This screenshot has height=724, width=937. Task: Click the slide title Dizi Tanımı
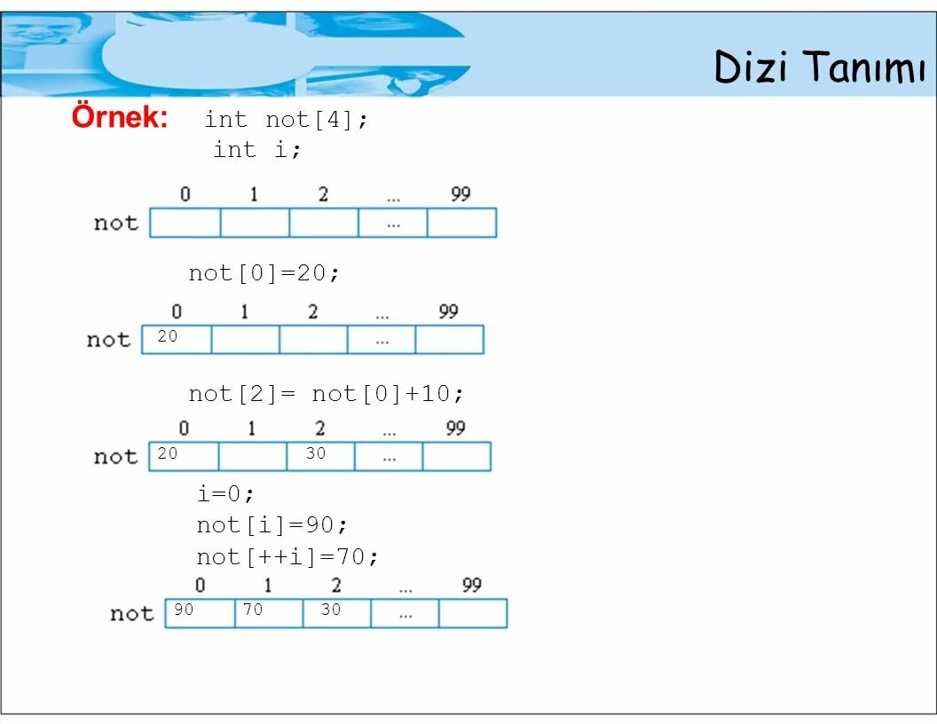pyautogui.click(x=819, y=67)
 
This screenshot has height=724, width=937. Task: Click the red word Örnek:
pyautogui.click(x=120, y=117)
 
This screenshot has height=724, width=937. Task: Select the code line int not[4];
pyautogui.click(x=286, y=120)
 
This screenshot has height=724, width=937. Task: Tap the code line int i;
pyautogui.click(x=257, y=150)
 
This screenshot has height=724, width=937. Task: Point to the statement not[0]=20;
pyautogui.click(x=264, y=273)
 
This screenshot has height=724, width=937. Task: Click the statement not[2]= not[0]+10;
pyautogui.click(x=326, y=393)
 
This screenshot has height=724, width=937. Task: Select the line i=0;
pyautogui.click(x=225, y=493)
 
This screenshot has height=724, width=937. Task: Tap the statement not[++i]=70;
pyautogui.click(x=287, y=557)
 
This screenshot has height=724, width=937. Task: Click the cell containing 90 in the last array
pyautogui.click(x=201, y=612)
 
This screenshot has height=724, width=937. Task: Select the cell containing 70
pyautogui.click(x=269, y=612)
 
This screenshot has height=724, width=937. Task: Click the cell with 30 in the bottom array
pyautogui.click(x=337, y=612)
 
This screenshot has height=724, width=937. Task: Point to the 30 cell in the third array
pyautogui.click(x=320, y=456)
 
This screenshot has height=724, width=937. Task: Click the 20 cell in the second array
pyautogui.click(x=177, y=339)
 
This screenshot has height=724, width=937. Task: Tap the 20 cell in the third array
pyautogui.click(x=184, y=456)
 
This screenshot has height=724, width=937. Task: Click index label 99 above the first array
pyautogui.click(x=461, y=194)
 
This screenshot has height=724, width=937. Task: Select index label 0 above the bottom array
pyautogui.click(x=201, y=586)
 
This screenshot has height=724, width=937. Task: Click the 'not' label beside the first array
pyautogui.click(x=116, y=223)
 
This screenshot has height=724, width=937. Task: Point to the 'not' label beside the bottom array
pyautogui.click(x=132, y=613)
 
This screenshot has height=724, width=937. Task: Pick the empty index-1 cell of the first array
pyautogui.click(x=255, y=223)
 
